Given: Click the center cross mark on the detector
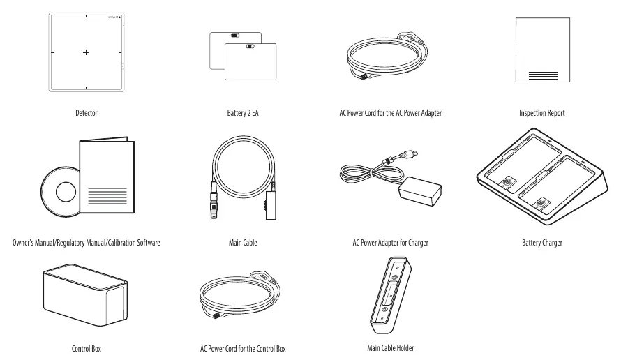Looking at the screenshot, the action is pyautogui.click(x=86, y=52).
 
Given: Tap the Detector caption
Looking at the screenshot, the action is pyautogui.click(x=87, y=113).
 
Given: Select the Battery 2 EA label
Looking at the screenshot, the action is pyautogui.click(x=243, y=113).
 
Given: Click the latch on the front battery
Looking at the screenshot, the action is pyautogui.click(x=250, y=46).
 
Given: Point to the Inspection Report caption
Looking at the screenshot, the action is pyautogui.click(x=541, y=113).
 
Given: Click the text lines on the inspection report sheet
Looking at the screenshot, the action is pyautogui.click(x=543, y=75).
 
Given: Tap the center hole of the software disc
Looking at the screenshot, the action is pyautogui.click(x=66, y=192).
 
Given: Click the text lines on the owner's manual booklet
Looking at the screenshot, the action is pyautogui.click(x=107, y=197).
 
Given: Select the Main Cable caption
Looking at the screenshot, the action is pyautogui.click(x=243, y=242).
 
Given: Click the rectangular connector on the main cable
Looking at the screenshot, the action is pyautogui.click(x=271, y=205).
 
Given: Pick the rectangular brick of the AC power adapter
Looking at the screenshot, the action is pyautogui.click(x=420, y=191).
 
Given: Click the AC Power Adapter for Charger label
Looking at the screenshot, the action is pyautogui.click(x=391, y=242).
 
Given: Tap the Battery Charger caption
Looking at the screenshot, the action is pyautogui.click(x=541, y=242).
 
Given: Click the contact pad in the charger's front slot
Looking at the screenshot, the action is pyautogui.click(x=541, y=204).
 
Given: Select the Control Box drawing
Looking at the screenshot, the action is pyautogui.click(x=86, y=294).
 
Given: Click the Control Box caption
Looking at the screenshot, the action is pyautogui.click(x=87, y=349).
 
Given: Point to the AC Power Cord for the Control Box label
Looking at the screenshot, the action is pyautogui.click(x=243, y=349).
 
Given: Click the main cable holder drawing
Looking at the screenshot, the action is pyautogui.click(x=391, y=295).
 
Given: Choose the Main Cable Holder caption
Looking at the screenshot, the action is pyautogui.click(x=391, y=347).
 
